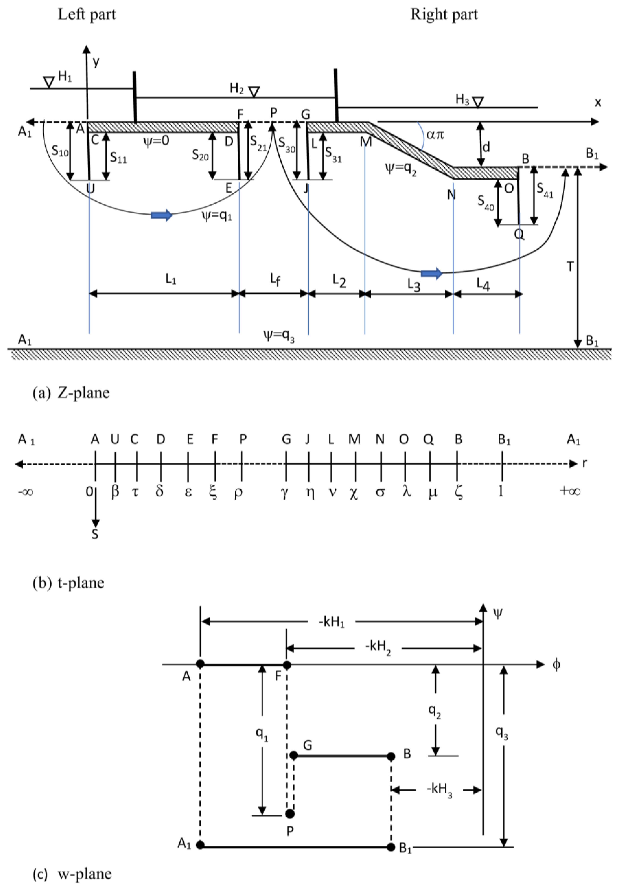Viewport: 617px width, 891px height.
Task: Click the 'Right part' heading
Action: click(444, 15)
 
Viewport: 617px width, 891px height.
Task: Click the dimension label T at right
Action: click(570, 267)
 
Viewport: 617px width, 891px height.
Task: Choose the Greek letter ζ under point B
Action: click(459, 493)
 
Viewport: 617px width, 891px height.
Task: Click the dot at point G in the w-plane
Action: click(294, 755)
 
